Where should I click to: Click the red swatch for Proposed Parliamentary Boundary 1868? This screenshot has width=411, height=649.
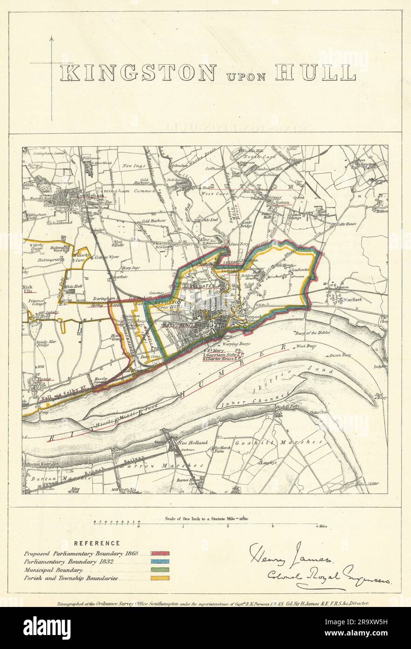pyautogui.click(x=160, y=554)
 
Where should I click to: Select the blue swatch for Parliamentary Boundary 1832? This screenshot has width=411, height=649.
pyautogui.click(x=160, y=562)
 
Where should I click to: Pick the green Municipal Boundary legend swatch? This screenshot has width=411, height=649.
pyautogui.click(x=160, y=570)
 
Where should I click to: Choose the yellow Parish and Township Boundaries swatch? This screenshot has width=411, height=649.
pyautogui.click(x=160, y=578)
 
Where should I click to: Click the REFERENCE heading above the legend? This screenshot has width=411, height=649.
pyautogui.click(x=97, y=543)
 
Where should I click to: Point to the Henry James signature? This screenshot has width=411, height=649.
pyautogui.click(x=291, y=554)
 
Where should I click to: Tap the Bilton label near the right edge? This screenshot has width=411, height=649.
pyautogui.click(x=382, y=211)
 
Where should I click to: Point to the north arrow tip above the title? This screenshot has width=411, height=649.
pyautogui.click(x=51, y=37)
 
